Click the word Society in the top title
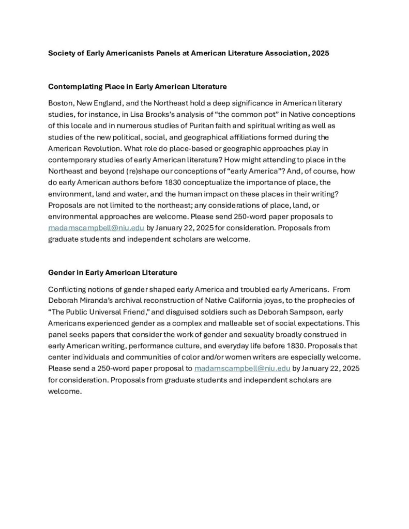(x=62, y=53)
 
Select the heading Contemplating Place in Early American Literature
(x=138, y=86)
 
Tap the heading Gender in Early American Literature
(x=113, y=272)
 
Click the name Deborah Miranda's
(x=78, y=300)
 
